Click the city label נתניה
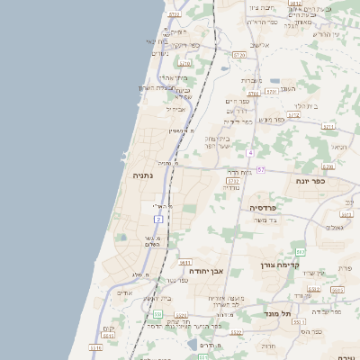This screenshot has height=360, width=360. [x=143, y=175]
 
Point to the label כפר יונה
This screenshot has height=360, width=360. [x=309, y=181]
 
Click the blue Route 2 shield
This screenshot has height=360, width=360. [x=158, y=219]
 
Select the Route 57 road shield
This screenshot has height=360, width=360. [x=261, y=169]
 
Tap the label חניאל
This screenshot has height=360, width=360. [x=337, y=147]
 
